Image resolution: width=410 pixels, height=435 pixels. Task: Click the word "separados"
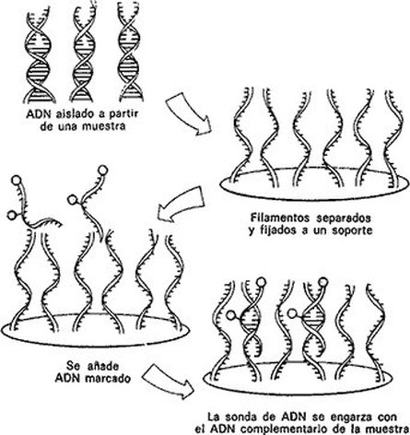point(344,217)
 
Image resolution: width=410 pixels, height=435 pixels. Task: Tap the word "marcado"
point(108,378)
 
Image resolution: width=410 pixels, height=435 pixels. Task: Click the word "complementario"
point(293,429)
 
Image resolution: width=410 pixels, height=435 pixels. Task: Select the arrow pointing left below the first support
point(182,205)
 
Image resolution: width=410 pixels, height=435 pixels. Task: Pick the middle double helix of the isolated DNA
point(83,53)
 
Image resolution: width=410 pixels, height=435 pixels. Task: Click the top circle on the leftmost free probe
point(16,180)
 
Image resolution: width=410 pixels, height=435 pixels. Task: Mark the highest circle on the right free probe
point(103,170)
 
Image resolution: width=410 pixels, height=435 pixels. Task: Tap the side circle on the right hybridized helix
point(292,313)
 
